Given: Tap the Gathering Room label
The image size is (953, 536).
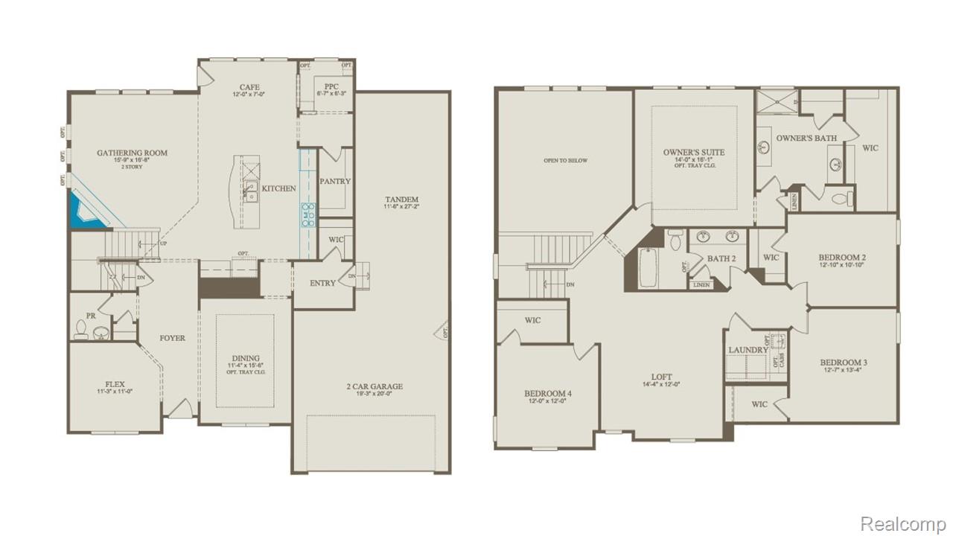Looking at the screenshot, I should pyautogui.click(x=132, y=153).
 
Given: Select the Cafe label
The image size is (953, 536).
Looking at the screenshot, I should pyautogui.click(x=249, y=87).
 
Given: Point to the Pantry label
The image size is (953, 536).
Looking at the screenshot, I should pyautogui.click(x=334, y=181).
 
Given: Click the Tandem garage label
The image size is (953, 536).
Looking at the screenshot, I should pyautogui.click(x=401, y=200).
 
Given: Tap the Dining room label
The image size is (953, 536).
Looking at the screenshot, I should pyautogui.click(x=245, y=358).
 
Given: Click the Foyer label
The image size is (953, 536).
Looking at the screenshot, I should pyautogui.click(x=172, y=338).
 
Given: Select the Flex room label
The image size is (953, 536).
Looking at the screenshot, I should pyautogui.click(x=115, y=384).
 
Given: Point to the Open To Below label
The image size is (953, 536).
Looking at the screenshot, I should pyautogui.click(x=565, y=160).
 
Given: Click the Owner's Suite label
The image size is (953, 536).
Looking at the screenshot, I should pyautogui.click(x=693, y=153).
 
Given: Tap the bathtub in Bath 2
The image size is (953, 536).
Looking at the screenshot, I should pyautogui.click(x=648, y=268).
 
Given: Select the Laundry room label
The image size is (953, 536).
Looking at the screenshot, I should pyautogui.click(x=748, y=350).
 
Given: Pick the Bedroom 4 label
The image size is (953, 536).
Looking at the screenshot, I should pyautogui.click(x=547, y=393).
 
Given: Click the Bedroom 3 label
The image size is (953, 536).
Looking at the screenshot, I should pyautogui.click(x=844, y=363).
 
